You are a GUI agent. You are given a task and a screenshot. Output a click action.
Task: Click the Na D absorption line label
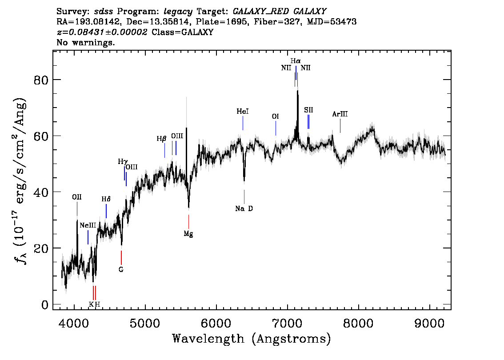tap(244, 208)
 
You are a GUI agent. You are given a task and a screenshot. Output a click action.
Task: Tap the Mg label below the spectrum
tap(188, 234)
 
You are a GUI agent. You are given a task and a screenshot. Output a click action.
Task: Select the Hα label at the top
tap(296, 61)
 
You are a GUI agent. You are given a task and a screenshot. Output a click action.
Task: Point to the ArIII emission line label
tap(340, 114)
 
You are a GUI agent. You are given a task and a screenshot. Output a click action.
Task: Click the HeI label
tap(243, 112)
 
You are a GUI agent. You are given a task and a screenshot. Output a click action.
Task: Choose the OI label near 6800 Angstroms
tap(276, 116)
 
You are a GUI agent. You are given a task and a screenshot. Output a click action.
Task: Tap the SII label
tap(308, 110)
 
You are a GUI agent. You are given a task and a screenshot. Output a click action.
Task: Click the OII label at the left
tap(77, 197)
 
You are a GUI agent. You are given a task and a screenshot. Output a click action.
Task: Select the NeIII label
tap(88, 225)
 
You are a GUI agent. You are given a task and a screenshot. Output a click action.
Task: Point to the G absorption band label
tap(121, 270)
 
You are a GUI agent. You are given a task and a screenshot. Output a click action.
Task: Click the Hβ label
tap(162, 139)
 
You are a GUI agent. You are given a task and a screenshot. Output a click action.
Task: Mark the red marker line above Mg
tap(189, 221)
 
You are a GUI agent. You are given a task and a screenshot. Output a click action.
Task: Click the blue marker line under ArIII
tap(340, 126)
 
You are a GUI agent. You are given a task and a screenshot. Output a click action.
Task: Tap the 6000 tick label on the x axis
tap(216, 324)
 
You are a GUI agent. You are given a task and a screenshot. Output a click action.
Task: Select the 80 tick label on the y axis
tap(41, 80)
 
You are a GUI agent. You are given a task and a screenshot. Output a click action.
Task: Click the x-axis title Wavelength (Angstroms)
tap(252, 339)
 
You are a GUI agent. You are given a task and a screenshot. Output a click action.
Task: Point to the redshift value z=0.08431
tap(102, 32)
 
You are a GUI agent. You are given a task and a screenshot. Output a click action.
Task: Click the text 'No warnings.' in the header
tap(85, 42)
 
